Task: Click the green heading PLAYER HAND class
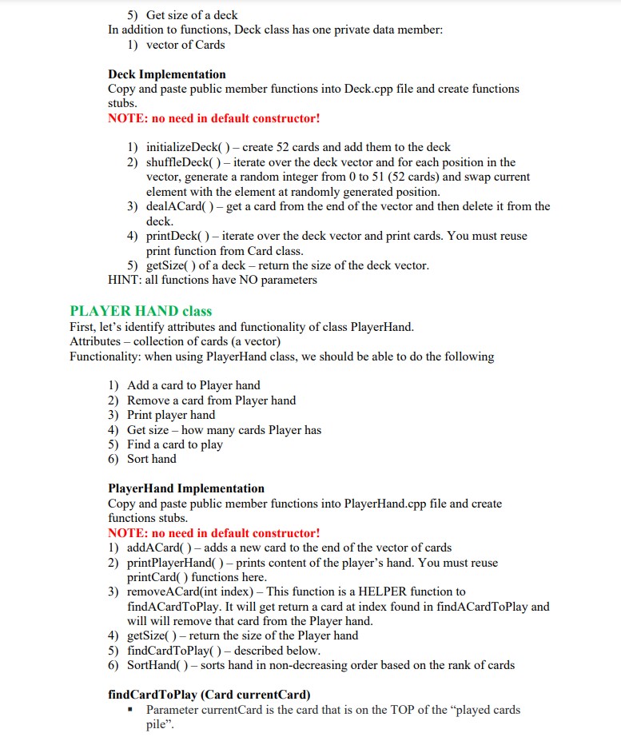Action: click(141, 311)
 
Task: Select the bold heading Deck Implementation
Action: click(166, 74)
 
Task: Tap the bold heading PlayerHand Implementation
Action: click(185, 488)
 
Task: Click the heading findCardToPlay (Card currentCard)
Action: click(209, 694)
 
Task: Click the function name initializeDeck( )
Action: click(186, 148)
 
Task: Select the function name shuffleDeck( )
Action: click(181, 162)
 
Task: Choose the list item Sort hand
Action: click(152, 459)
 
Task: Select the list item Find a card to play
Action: click(175, 444)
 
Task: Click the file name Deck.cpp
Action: click(370, 89)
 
